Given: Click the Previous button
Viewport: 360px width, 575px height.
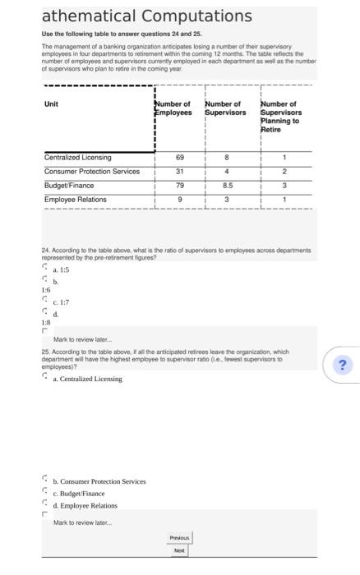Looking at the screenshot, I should coord(179,538).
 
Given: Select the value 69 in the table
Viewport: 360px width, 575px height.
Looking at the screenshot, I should coord(179,157).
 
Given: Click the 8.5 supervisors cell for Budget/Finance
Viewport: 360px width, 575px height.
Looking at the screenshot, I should coord(227,186).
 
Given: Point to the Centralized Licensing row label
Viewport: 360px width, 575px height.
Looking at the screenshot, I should coord(78,157).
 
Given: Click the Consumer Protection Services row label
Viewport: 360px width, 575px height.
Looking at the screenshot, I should coord(92,171).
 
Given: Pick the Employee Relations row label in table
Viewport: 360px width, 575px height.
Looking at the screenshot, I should coord(76,200).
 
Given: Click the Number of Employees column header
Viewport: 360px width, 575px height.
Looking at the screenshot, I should coord(173,108).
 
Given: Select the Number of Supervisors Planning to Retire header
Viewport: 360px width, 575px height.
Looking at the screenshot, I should coord(280,117).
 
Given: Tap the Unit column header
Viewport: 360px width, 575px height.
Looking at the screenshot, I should coord(51,103).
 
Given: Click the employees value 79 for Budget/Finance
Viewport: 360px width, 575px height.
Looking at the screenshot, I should coord(179,186).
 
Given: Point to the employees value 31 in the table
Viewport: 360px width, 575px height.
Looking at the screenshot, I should coord(179,171).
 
